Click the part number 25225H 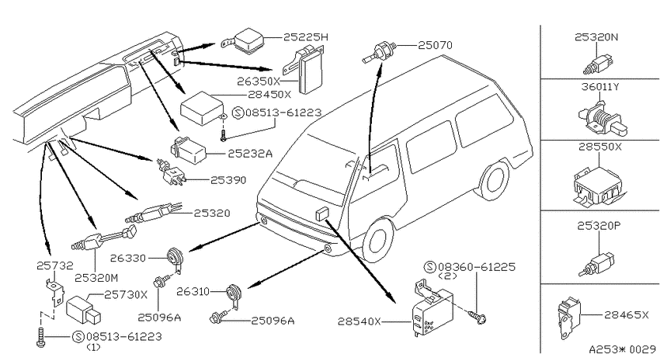306,37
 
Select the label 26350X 259,81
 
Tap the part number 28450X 269,95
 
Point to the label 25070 435,44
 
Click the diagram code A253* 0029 622,349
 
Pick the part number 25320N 596,37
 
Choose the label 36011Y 599,87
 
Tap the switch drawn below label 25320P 597,263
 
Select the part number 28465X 627,314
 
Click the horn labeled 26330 174,259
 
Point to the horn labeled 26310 232,295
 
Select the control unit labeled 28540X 432,308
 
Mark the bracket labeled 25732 54,293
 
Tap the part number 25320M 96,278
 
